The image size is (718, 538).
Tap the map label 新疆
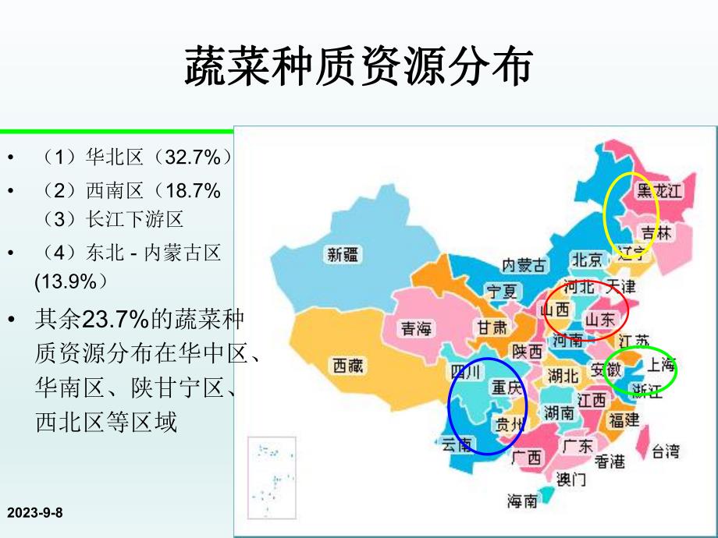click(344, 253)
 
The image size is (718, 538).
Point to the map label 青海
click(417, 329)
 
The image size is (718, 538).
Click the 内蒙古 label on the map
click(524, 264)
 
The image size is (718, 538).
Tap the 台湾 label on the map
click(666, 451)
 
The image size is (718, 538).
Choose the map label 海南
click(522, 501)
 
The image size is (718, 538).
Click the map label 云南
click(457, 445)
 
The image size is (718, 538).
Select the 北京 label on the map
click(587, 259)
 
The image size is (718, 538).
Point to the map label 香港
click(610, 462)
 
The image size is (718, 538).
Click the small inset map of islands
click(273, 476)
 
